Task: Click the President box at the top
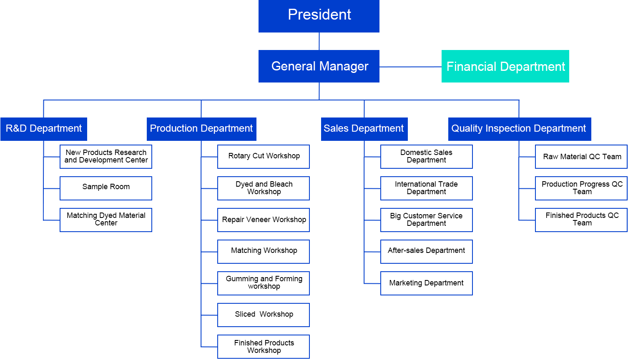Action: click(319, 16)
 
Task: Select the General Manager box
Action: click(319, 66)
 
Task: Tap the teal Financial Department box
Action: click(505, 66)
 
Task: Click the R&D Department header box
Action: click(44, 129)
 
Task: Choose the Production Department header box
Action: click(201, 129)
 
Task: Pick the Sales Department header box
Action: click(364, 129)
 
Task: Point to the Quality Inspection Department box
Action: click(519, 129)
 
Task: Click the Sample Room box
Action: click(106, 188)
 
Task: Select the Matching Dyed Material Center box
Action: click(106, 220)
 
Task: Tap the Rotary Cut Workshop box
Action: click(264, 156)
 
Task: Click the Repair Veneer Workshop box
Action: click(264, 220)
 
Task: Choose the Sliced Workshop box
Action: click(264, 315)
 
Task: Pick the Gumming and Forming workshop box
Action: click(264, 283)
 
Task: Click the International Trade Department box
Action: click(426, 188)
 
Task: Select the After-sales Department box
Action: click(426, 251)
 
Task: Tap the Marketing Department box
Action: click(426, 283)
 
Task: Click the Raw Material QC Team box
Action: click(581, 156)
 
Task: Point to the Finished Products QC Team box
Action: click(581, 220)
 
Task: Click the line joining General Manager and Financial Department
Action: click(410, 67)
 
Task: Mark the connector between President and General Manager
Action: click(319, 41)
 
